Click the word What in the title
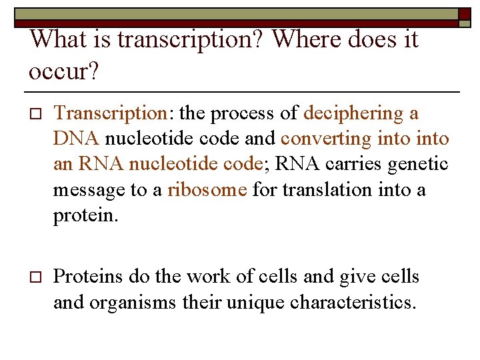pyautogui.click(x=59, y=39)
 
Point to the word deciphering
pyautogui.click(x=353, y=114)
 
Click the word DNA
pyautogui.click(x=77, y=139)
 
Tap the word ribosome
pyautogui.click(x=207, y=190)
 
